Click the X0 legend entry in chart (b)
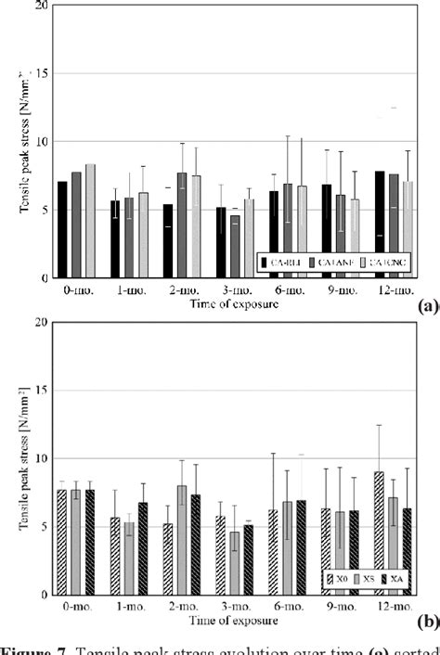click(338, 578)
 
